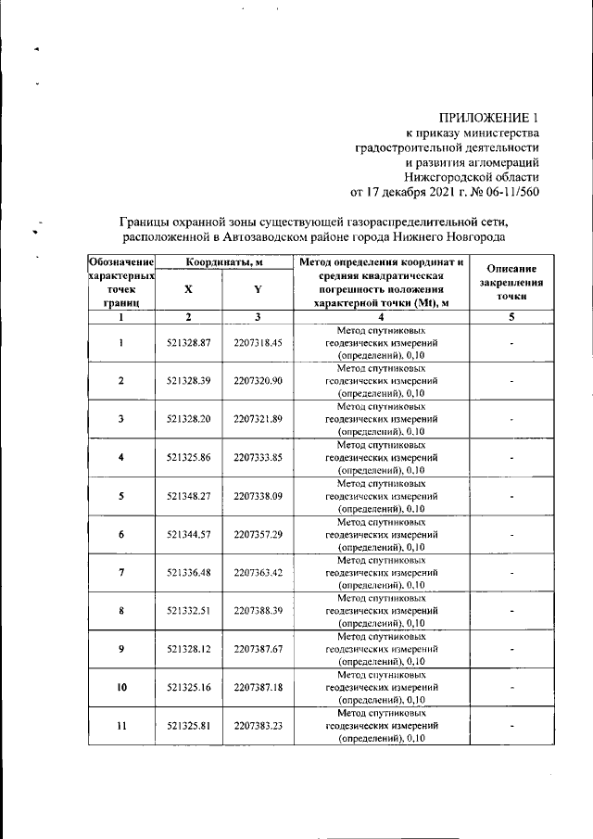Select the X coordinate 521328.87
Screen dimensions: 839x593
click(189, 342)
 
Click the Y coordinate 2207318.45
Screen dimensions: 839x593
click(258, 342)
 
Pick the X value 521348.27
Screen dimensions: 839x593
click(189, 495)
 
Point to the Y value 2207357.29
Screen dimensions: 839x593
click(258, 534)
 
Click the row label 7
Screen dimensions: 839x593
click(121, 573)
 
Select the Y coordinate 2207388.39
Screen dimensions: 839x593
click(258, 611)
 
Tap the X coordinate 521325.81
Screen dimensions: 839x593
click(189, 726)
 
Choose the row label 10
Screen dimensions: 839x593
click(121, 688)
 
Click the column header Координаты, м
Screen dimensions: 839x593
click(222, 262)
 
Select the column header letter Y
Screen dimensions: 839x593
click(258, 289)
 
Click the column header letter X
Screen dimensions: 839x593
click(189, 289)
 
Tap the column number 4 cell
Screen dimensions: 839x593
click(381, 316)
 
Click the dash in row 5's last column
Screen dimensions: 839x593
click(511, 495)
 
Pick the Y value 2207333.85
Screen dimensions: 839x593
click(258, 457)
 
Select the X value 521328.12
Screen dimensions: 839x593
click(189, 649)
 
